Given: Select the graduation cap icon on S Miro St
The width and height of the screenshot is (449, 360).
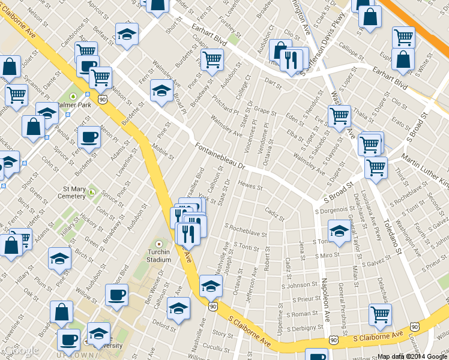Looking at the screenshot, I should (x=339, y=232).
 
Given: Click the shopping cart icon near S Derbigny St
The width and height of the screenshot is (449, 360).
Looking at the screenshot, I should (x=380, y=313).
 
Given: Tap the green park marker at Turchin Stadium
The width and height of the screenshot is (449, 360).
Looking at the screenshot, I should (x=158, y=244).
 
